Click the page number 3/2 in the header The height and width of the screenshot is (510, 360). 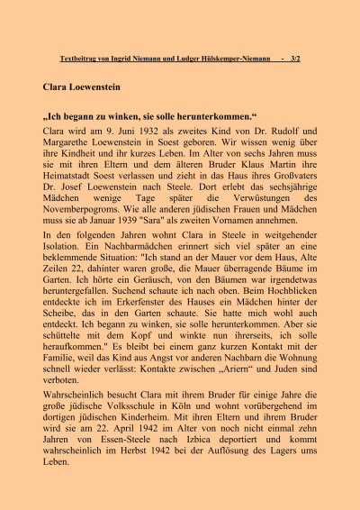coord(294,59)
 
